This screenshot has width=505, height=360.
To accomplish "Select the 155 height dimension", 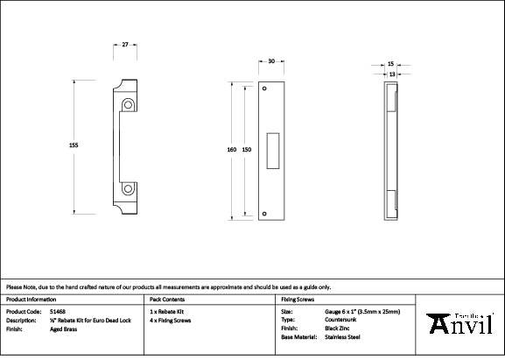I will coord(74,145).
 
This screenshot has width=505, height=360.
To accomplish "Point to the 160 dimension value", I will coord(231,150).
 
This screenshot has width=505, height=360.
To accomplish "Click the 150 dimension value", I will coord(247,150).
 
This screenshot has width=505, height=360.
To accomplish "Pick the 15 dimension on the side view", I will coord(390,64).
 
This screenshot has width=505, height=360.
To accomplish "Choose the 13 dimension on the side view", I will coord(390,74).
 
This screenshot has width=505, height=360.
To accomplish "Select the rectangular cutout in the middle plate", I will coord(274,149).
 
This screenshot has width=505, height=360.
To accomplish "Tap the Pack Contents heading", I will coord(166,299).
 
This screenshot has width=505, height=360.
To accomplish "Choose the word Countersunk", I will coord(341,320).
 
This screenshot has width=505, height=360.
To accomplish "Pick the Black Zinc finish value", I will coord(339,328).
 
